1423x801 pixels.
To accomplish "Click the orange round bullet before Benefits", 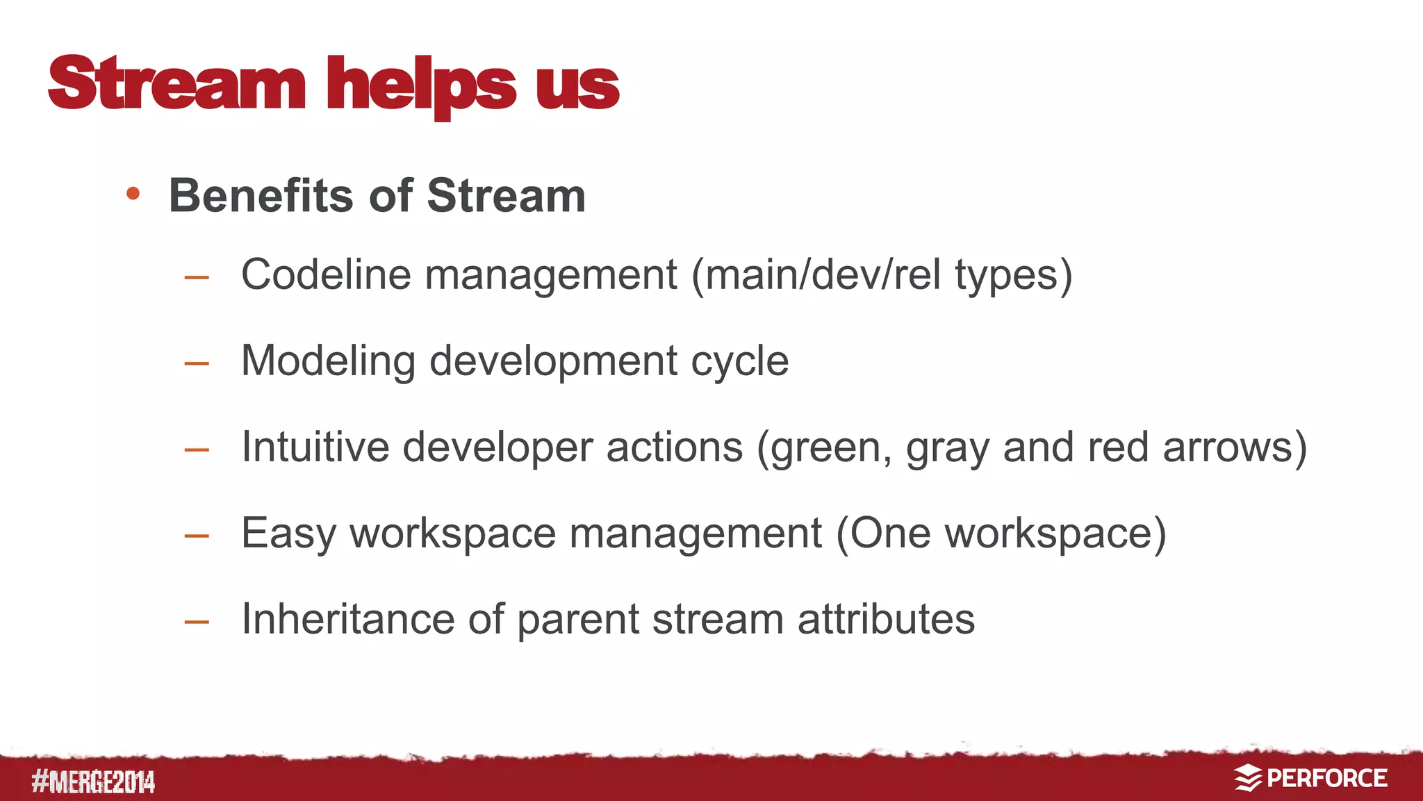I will click(133, 194).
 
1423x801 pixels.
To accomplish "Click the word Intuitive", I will click(315, 447).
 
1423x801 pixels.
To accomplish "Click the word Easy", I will click(288, 534).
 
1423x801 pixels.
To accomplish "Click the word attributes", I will click(886, 619).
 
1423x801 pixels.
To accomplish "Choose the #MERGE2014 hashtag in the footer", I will click(93, 782).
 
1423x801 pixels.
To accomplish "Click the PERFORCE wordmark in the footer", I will click(1327, 778).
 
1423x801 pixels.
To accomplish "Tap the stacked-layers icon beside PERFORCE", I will click(1248, 778).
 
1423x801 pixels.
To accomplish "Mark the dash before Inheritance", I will click(197, 621).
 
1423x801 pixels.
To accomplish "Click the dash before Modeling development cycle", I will click(197, 363).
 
